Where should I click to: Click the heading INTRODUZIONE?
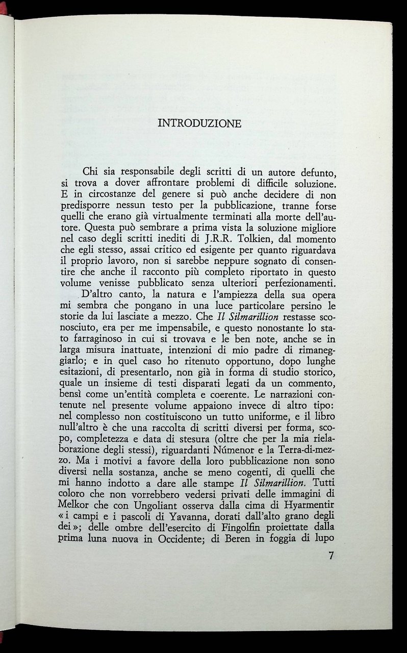point(199,123)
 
